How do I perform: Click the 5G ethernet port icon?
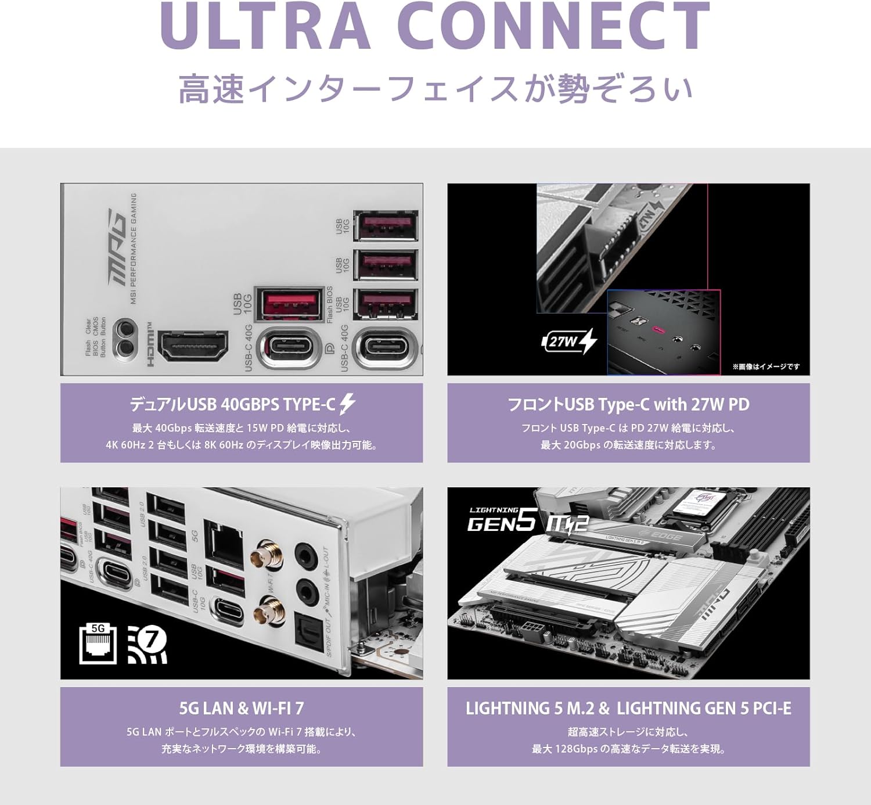[x=98, y=644]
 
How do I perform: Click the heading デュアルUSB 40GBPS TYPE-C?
[x=232, y=404]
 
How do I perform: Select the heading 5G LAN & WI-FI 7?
[x=242, y=708]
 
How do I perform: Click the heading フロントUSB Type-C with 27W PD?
[x=628, y=404]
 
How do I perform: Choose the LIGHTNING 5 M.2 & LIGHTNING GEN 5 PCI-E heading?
[x=628, y=708]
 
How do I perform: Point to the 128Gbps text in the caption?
[x=576, y=749]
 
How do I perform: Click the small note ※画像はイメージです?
[x=765, y=366]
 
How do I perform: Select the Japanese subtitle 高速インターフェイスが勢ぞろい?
[x=435, y=89]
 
